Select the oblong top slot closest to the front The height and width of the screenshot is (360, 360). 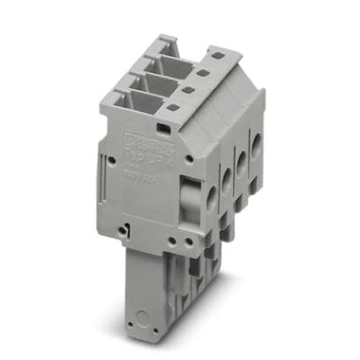(173, 109)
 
